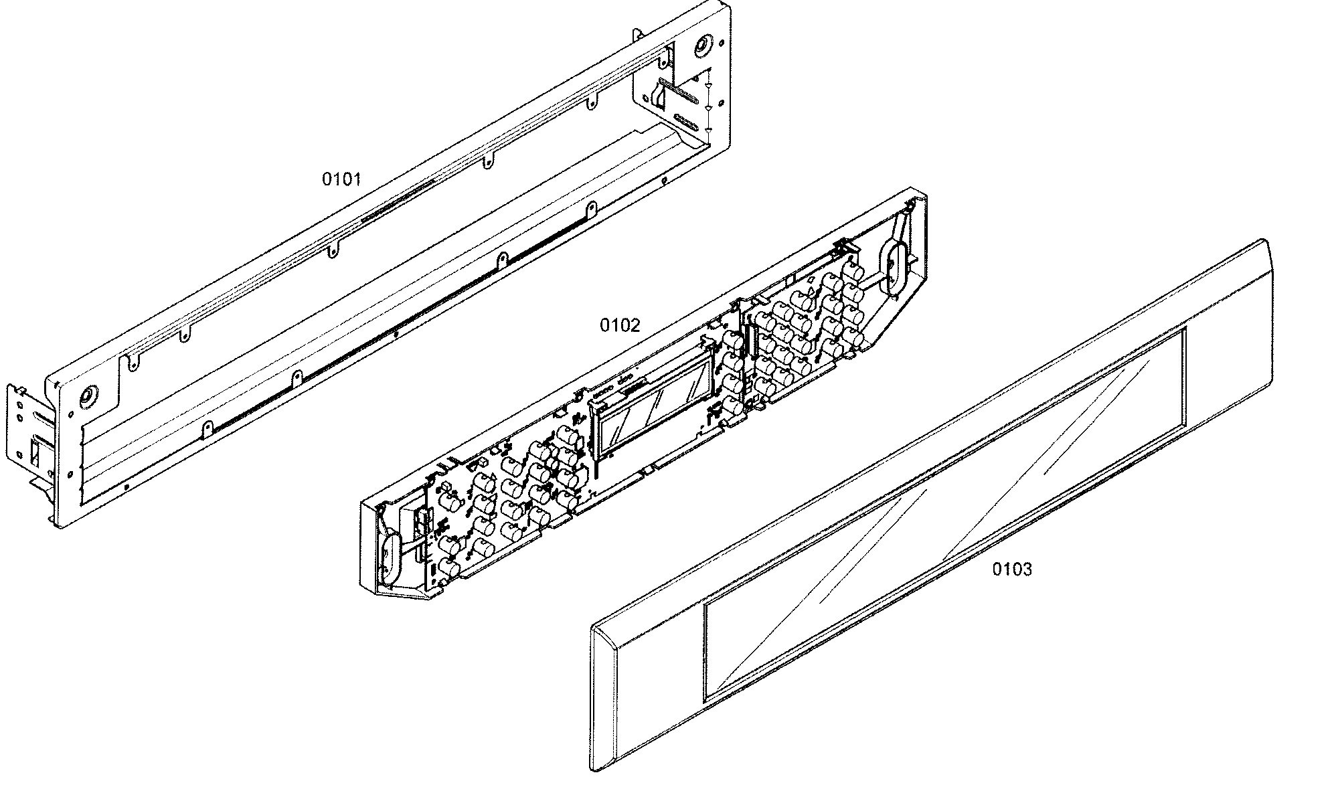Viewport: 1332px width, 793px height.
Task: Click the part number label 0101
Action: point(341,179)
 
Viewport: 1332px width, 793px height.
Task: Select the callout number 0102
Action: point(619,325)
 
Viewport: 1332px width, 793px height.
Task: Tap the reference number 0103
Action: point(1011,569)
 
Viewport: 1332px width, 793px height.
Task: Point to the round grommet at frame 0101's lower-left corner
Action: point(86,397)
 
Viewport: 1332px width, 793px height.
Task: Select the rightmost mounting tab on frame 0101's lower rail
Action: point(591,209)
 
